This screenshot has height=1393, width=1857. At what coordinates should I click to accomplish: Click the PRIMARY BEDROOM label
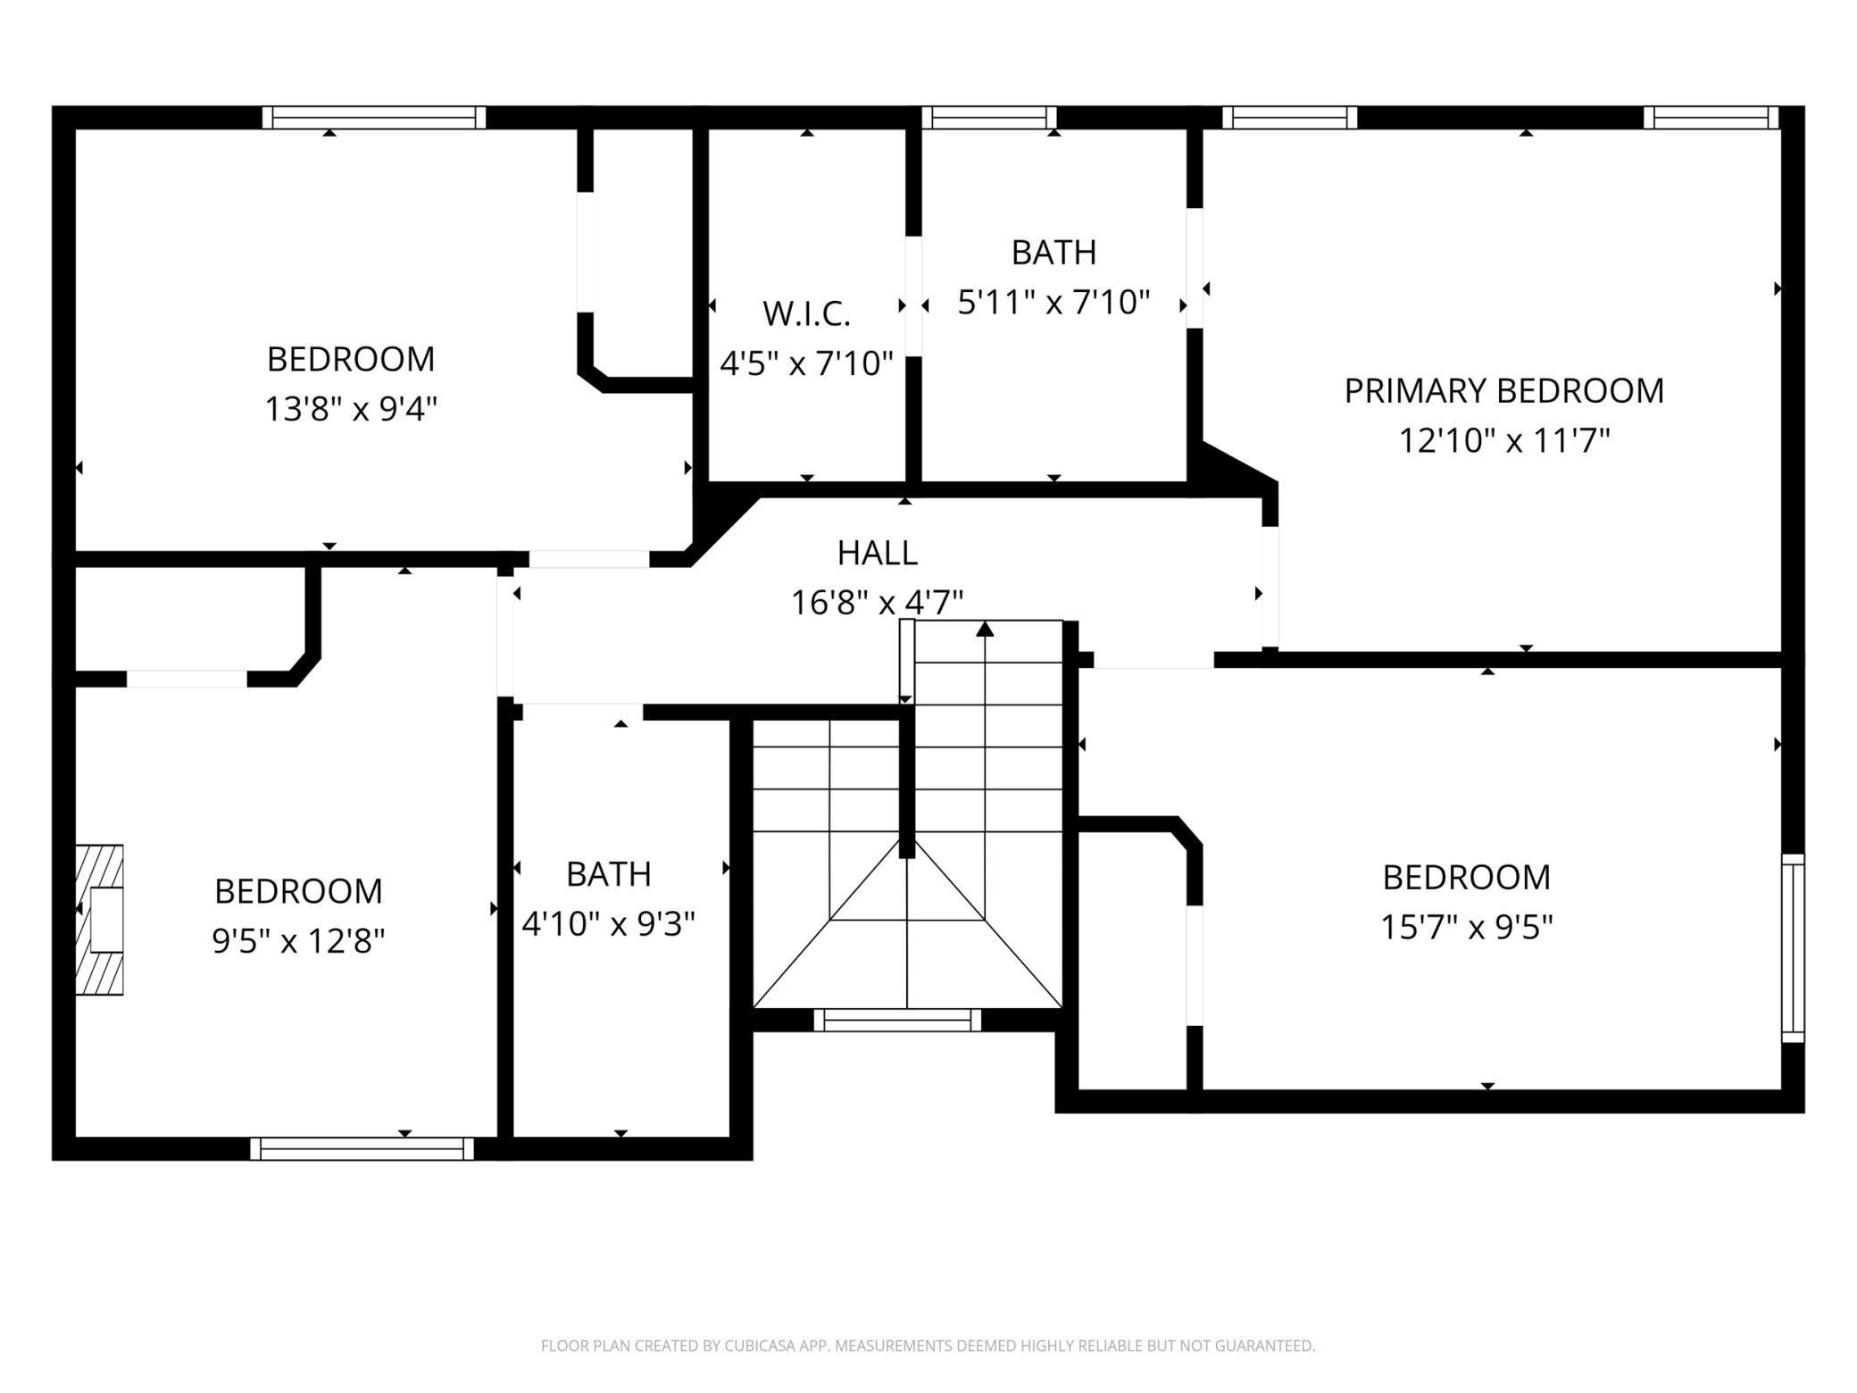click(1504, 390)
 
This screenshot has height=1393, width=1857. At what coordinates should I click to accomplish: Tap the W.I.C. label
click(806, 313)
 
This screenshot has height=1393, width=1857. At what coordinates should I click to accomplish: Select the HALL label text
click(878, 553)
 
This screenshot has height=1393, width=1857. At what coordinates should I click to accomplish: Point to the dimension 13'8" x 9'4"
click(351, 409)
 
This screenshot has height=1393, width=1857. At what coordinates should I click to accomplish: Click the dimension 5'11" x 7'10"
click(1053, 303)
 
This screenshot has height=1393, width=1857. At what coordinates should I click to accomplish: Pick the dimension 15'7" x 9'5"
click(1467, 927)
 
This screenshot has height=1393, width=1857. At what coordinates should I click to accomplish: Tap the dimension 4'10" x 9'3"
click(608, 923)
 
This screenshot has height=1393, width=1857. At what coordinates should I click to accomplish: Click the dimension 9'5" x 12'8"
click(298, 940)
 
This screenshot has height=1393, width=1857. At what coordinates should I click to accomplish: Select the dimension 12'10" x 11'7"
click(1504, 440)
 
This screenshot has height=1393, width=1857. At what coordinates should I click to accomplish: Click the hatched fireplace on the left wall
click(99, 919)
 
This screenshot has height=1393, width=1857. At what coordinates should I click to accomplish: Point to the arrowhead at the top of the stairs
click(985, 629)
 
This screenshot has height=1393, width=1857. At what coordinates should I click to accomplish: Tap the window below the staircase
click(897, 1020)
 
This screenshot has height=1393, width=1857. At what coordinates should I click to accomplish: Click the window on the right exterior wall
click(1793, 947)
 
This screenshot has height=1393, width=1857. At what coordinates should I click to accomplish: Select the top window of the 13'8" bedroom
click(374, 118)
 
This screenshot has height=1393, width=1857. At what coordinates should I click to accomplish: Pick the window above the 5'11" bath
click(989, 118)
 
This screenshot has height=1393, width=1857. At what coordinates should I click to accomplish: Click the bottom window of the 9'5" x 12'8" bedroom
click(362, 1148)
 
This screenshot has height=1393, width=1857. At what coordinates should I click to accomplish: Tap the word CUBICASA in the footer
click(760, 1346)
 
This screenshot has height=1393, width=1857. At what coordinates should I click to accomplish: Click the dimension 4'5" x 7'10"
click(806, 363)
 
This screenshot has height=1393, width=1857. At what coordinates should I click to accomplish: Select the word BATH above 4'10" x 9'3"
click(608, 874)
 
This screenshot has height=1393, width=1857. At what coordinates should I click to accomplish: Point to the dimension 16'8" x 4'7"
click(878, 603)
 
